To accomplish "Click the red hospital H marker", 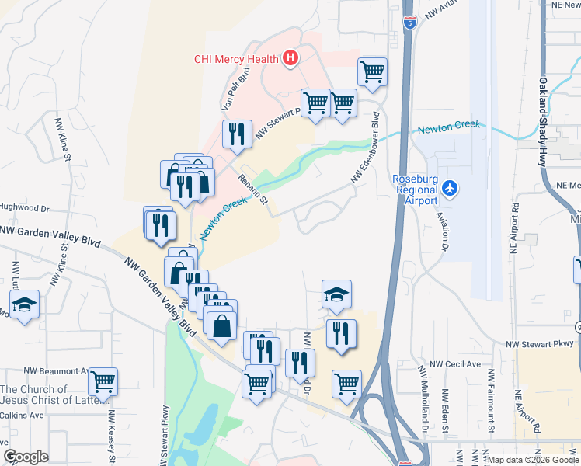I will [x=290, y=57].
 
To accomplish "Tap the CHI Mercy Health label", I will [x=237, y=58].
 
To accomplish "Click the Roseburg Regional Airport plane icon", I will [x=449, y=187].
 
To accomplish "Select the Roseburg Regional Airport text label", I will [x=416, y=189].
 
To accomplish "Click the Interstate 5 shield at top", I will [x=409, y=21].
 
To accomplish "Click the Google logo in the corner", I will [x=26, y=457].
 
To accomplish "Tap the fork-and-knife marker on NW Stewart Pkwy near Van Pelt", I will [x=236, y=134].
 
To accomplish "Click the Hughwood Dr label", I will [x=25, y=209].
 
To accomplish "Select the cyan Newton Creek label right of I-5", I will [x=449, y=127].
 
